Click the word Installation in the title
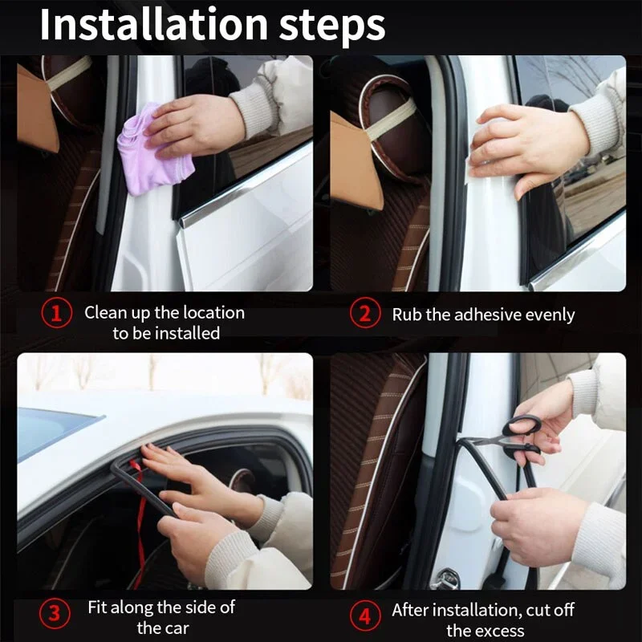tap(154, 25)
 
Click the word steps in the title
tap(332, 26)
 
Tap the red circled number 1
tap(57, 314)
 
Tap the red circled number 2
tap(365, 314)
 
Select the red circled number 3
tap(55, 614)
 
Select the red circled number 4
tap(365, 616)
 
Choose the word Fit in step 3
tap(97, 607)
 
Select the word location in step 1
tap(213, 313)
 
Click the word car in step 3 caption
tap(178, 628)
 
